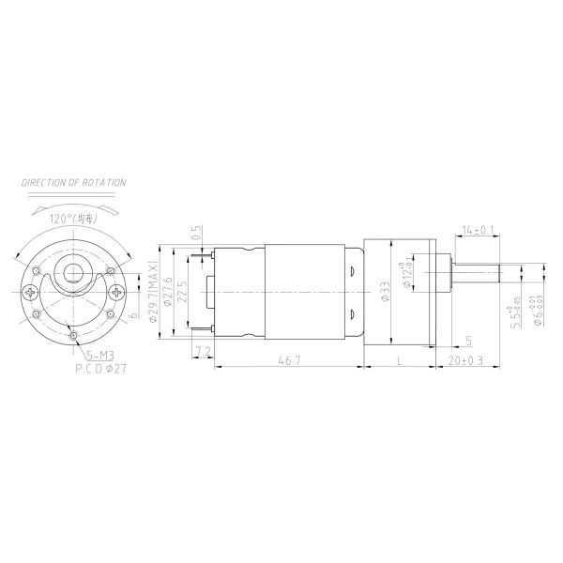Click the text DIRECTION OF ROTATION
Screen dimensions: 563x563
tap(73, 182)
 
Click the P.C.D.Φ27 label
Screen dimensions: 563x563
tap(101, 370)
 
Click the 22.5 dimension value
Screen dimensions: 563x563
tap(182, 293)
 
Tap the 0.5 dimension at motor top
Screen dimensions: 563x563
tap(197, 231)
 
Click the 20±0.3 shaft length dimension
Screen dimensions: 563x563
tap(466, 360)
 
